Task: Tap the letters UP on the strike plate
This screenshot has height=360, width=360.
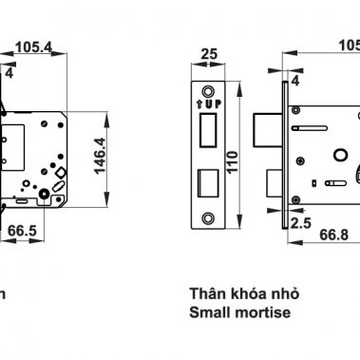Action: tap(213, 101)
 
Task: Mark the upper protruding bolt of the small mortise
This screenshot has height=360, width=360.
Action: tap(275, 123)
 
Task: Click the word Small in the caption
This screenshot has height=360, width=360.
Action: tap(209, 311)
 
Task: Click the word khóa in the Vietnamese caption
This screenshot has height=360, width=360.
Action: tap(241, 293)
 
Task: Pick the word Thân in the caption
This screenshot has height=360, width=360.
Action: tap(205, 293)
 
